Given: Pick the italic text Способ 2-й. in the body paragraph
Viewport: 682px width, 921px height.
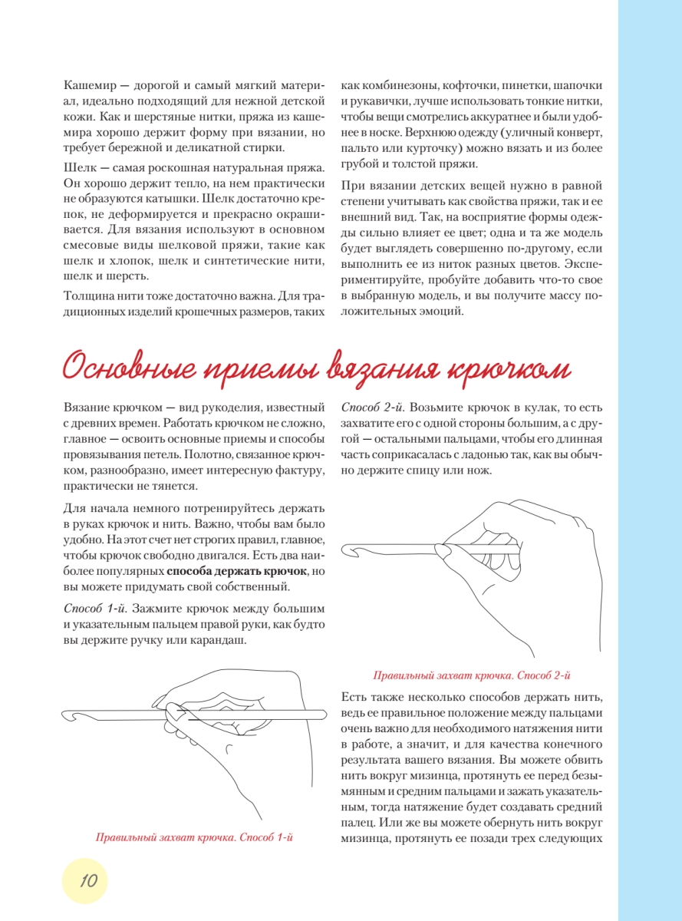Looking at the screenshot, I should pyautogui.click(x=374, y=405).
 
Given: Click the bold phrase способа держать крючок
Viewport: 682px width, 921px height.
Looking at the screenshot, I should pyautogui.click(x=238, y=573).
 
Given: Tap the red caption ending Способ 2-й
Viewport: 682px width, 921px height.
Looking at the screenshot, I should pyautogui.click(x=471, y=676).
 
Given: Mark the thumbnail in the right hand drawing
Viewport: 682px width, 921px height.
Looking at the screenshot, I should pyautogui.click(x=443, y=550).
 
